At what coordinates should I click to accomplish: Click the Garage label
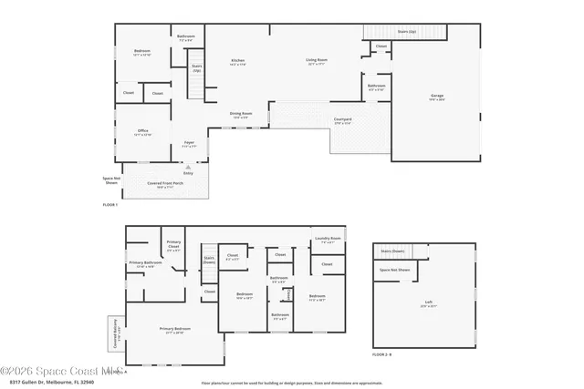click(x=437, y=96)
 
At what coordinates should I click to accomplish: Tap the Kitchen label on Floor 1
click(x=237, y=62)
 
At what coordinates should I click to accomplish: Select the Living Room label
click(x=317, y=62)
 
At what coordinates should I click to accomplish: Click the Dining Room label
click(x=240, y=115)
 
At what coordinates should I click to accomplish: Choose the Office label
click(x=142, y=132)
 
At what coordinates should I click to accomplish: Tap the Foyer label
click(x=189, y=143)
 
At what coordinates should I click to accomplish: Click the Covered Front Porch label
click(x=165, y=186)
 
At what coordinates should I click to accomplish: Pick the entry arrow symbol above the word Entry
click(x=188, y=167)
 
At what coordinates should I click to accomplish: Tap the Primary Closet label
click(x=172, y=244)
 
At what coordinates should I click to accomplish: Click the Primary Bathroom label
click(x=146, y=265)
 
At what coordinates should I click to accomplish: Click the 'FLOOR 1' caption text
click(x=111, y=207)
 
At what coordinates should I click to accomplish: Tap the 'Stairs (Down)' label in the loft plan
click(x=392, y=251)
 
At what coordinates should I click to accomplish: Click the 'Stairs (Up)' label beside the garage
click(x=407, y=30)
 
